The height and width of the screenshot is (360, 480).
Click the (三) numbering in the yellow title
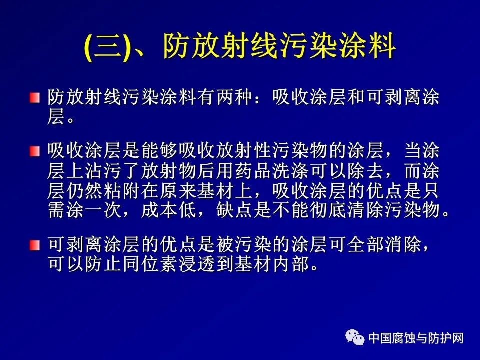[x=107, y=47]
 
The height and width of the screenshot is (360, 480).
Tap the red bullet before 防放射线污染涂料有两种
[x=35, y=98]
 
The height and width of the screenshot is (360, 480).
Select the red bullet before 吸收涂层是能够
[x=35, y=151]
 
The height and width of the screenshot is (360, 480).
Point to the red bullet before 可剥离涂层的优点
[x=35, y=245]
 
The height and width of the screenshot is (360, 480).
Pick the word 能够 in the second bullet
[x=160, y=150]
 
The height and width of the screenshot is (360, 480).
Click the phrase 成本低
[x=169, y=210]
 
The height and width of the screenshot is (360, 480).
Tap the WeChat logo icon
[x=355, y=337]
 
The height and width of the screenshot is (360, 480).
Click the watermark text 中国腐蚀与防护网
[x=416, y=338]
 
